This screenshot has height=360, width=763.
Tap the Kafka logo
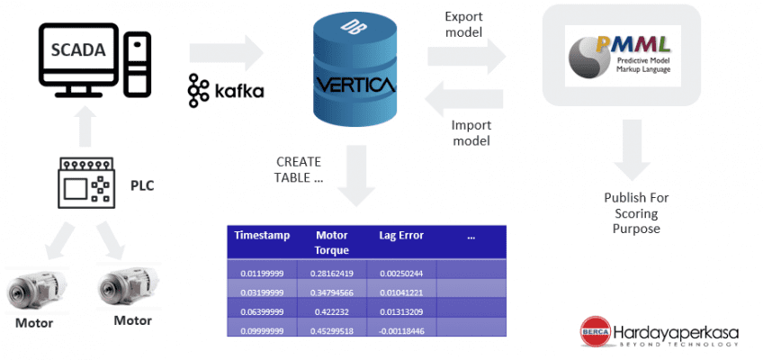pos(226,91)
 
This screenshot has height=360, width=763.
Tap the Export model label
pos(465,25)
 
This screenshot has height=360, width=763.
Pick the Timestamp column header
pos(262,235)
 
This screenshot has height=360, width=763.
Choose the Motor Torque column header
pos(332,242)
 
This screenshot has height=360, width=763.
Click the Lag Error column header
pos(401,235)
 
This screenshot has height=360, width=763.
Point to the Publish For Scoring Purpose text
pos(636,212)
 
